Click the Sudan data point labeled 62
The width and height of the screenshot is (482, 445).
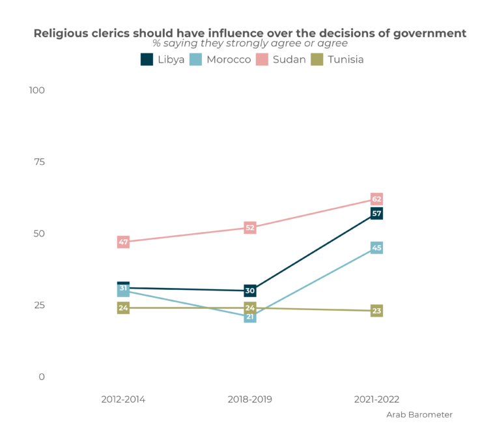(376, 199)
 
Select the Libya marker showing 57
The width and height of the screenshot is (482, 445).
(376, 213)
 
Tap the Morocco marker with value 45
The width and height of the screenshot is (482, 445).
(376, 248)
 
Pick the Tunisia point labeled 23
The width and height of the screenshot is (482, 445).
(376, 311)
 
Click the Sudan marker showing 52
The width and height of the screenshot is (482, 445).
(249, 227)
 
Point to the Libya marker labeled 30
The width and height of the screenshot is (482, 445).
(249, 291)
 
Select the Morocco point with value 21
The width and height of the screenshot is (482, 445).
(249, 317)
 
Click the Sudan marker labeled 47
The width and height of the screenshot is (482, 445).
(123, 242)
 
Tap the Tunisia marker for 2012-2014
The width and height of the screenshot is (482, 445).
(123, 308)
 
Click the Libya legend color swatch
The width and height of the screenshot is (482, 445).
(147, 59)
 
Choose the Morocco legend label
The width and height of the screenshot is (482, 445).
(229, 59)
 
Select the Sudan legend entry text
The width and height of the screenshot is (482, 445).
(289, 59)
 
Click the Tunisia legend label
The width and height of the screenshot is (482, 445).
(345, 59)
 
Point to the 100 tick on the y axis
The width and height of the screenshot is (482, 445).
(36, 90)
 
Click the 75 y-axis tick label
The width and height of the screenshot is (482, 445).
(38, 162)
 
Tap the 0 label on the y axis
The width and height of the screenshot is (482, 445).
(41, 377)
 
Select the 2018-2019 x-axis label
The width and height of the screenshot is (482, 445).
(249, 399)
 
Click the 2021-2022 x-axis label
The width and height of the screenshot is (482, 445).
(376, 399)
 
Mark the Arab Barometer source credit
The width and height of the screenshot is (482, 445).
(419, 414)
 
